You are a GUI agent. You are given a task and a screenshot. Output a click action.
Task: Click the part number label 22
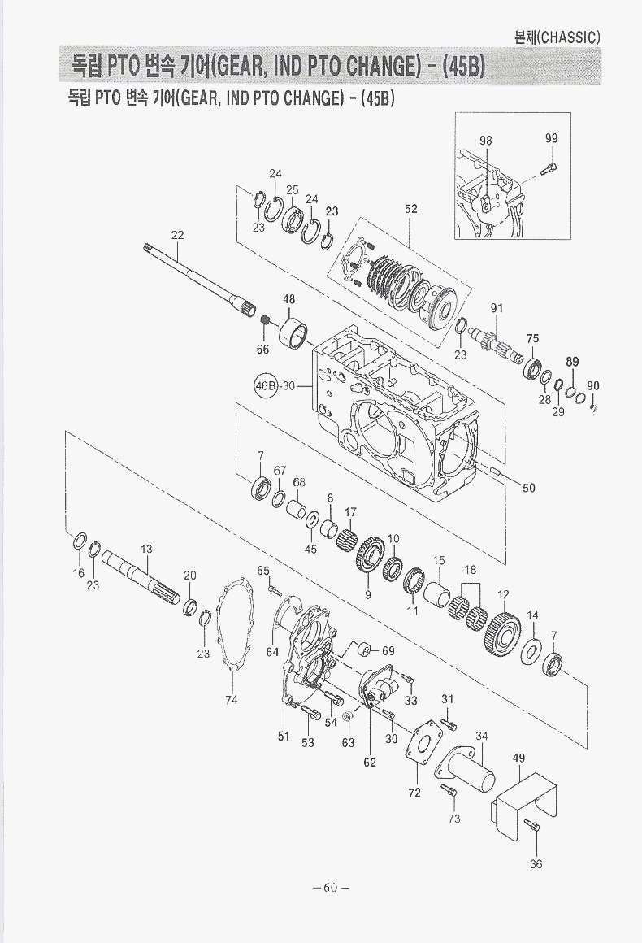click(177, 235)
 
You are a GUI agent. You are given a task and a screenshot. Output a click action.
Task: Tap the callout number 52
click(410, 209)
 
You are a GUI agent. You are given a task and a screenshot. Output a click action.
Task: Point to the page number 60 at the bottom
click(331, 888)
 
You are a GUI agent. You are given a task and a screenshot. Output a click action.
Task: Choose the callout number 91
click(497, 309)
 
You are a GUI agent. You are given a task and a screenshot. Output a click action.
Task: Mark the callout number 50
click(528, 488)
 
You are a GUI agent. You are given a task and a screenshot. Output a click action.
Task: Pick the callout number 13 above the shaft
click(146, 549)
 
